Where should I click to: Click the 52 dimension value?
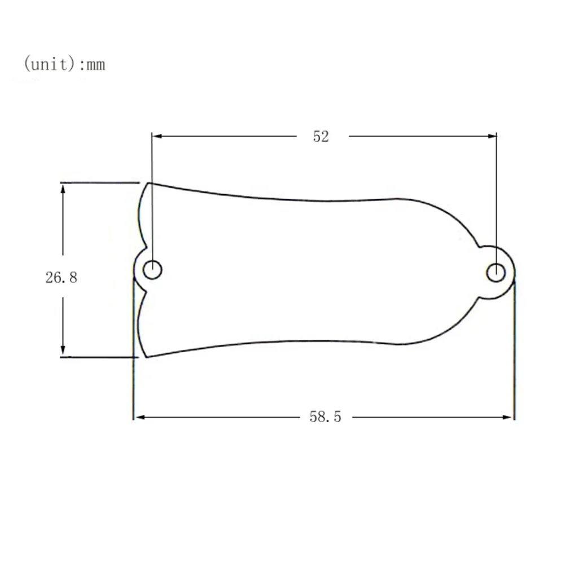321,137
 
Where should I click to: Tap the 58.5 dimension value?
325,417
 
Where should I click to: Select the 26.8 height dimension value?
62,277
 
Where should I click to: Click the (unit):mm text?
64,64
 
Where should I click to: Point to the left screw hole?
152,270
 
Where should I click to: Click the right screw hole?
496,273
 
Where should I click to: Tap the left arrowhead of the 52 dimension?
157,136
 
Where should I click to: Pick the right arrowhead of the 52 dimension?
492,136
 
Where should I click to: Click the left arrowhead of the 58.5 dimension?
138,418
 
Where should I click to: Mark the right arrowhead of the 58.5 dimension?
510,418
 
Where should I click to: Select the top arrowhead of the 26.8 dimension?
63,188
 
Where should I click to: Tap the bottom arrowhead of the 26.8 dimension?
63,351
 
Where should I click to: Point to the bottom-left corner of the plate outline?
146,357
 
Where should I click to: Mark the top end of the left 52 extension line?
152,133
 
